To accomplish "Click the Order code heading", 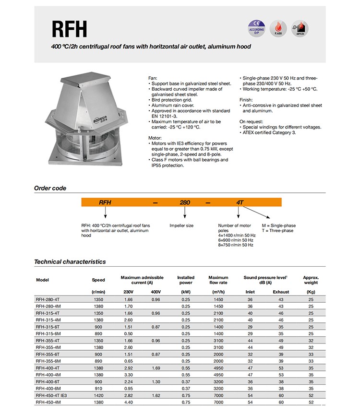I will click(x=50, y=188).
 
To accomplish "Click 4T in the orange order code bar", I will click(x=240, y=202).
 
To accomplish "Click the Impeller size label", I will click(x=181, y=225).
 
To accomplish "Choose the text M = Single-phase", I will click(x=278, y=225).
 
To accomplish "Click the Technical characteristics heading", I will click(x=70, y=262).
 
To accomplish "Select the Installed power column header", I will click(x=186, y=280).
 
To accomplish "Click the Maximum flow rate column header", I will click(x=218, y=280).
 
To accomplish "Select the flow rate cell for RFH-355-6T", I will click(x=218, y=353).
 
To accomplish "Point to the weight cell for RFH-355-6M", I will click(x=311, y=360).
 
